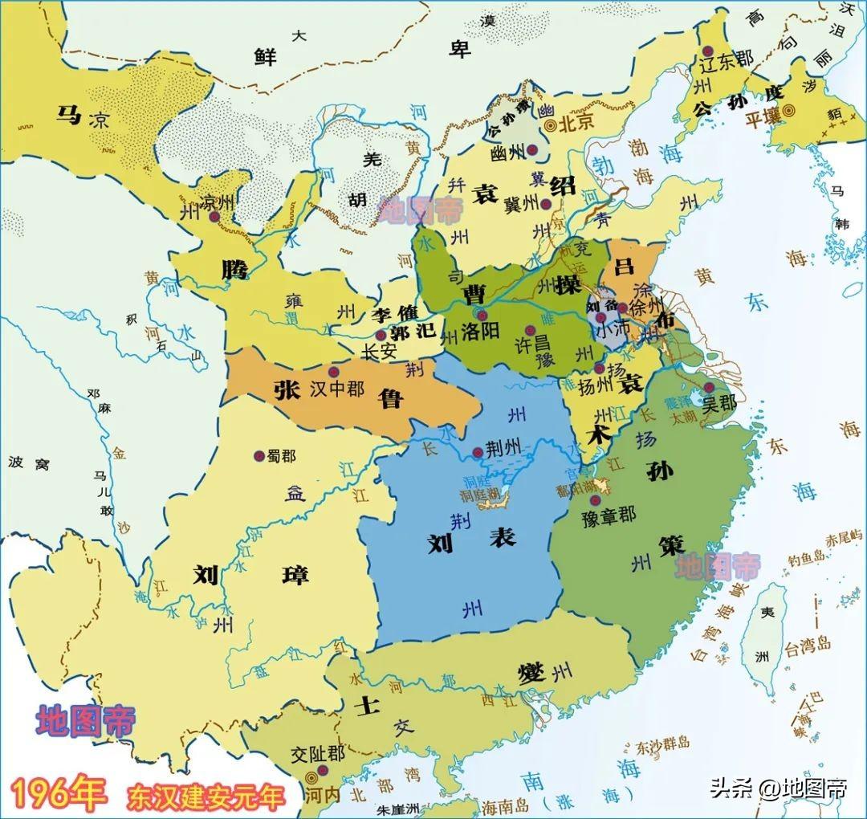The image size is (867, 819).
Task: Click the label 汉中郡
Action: click(x=336, y=390)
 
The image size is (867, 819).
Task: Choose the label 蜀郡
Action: click(x=281, y=456)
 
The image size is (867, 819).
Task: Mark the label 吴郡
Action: click(x=718, y=402)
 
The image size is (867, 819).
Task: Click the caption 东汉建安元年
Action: click(x=206, y=797)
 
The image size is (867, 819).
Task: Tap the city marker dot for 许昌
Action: click(x=529, y=329)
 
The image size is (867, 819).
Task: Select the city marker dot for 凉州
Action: click(x=214, y=216)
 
